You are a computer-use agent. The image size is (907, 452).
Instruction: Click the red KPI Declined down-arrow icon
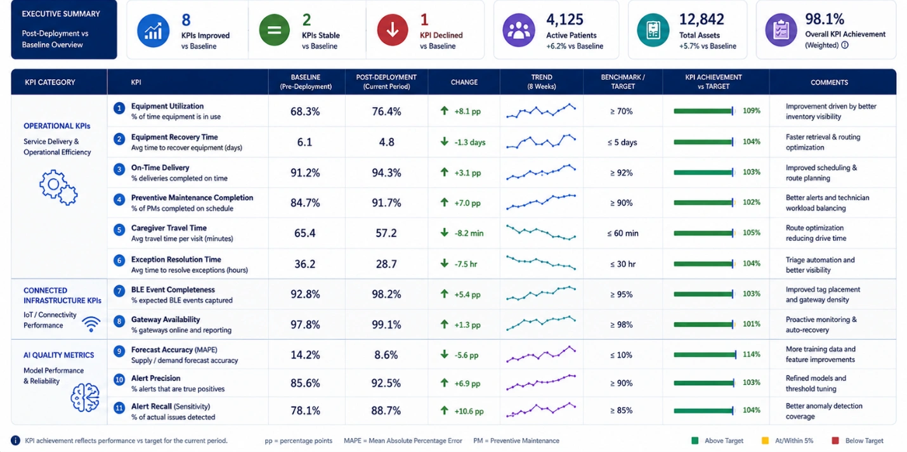(x=393, y=30)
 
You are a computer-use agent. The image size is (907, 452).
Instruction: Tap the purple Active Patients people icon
(x=519, y=30)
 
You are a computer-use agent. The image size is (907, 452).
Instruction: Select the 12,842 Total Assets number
(x=701, y=19)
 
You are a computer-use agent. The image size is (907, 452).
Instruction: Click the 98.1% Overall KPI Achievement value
(x=825, y=18)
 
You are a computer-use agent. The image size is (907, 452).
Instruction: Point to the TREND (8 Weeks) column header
(x=542, y=82)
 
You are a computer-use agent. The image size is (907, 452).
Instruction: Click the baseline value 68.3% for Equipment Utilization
(x=305, y=112)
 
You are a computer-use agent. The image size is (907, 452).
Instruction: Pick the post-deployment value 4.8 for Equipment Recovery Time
(x=386, y=142)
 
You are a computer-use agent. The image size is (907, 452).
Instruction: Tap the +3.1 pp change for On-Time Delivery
(x=467, y=173)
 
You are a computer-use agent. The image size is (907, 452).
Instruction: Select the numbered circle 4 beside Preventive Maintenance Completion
(x=119, y=200)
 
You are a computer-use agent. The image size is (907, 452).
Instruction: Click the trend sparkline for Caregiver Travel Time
(x=541, y=233)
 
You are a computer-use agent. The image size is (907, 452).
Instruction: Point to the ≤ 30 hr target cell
(x=623, y=264)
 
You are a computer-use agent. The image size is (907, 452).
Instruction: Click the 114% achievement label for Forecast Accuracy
(x=752, y=354)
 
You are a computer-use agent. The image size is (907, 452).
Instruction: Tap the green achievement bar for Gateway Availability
(x=704, y=324)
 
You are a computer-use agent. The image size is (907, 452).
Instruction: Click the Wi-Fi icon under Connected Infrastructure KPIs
(x=91, y=324)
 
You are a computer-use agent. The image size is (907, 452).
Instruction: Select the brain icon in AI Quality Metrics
(x=85, y=397)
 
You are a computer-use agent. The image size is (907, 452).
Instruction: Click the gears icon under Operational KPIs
(x=58, y=188)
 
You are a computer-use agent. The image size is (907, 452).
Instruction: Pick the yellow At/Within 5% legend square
(x=765, y=441)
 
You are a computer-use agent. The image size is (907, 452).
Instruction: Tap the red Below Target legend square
(x=835, y=441)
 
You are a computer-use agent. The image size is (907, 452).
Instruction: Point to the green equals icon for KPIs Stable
(x=274, y=30)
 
